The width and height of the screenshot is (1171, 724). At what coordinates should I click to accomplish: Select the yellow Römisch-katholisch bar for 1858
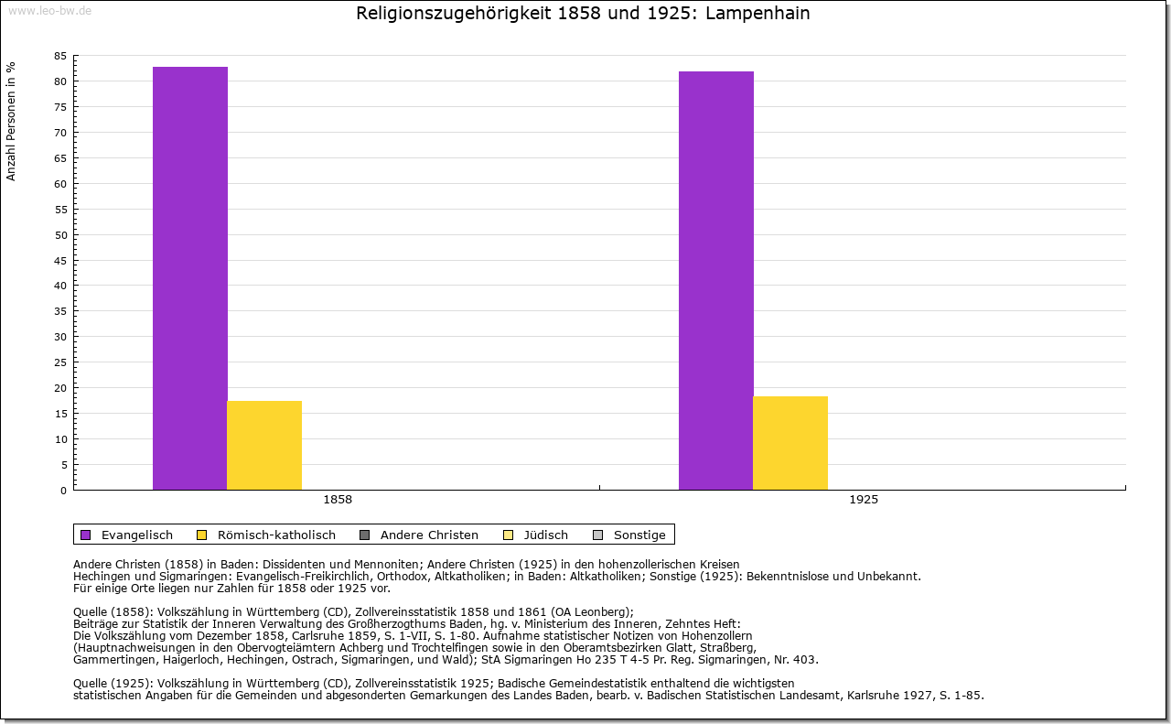[264, 445]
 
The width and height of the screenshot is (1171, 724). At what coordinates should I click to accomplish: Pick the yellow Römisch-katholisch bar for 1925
[790, 443]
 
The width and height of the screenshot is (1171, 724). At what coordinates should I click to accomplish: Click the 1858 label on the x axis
[338, 501]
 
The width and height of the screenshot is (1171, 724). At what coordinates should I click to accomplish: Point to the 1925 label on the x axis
[863, 501]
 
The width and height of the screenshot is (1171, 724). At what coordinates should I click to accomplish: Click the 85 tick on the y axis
[60, 56]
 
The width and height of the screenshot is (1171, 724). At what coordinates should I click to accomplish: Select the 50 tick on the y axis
[60, 234]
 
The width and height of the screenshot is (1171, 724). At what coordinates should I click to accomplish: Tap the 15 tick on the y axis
[60, 414]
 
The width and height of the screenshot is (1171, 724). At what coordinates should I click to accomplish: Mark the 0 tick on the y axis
[63, 491]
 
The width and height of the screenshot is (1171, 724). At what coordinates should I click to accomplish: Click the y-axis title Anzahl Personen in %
[11, 121]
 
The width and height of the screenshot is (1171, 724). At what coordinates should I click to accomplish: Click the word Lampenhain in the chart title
[757, 14]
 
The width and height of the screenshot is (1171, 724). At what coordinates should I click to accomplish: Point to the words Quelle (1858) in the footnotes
[113, 612]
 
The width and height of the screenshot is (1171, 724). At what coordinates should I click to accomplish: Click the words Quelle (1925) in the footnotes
[113, 683]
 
